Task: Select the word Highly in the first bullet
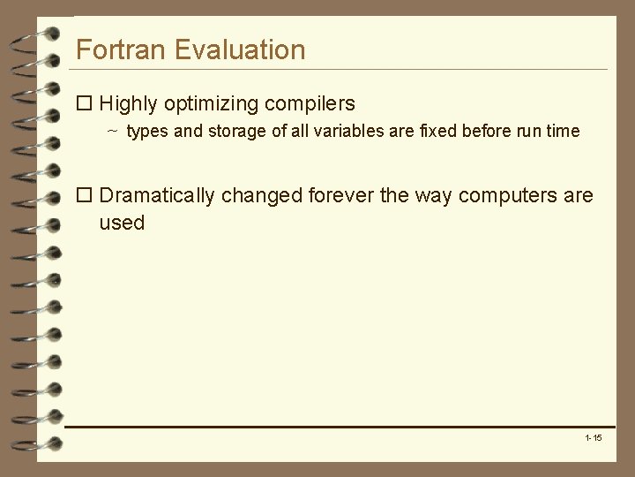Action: (x=131, y=104)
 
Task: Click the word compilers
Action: (x=308, y=104)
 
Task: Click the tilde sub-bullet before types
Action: (x=113, y=132)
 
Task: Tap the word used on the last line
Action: (x=122, y=223)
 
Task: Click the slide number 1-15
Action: (x=593, y=438)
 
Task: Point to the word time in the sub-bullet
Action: (x=562, y=132)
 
